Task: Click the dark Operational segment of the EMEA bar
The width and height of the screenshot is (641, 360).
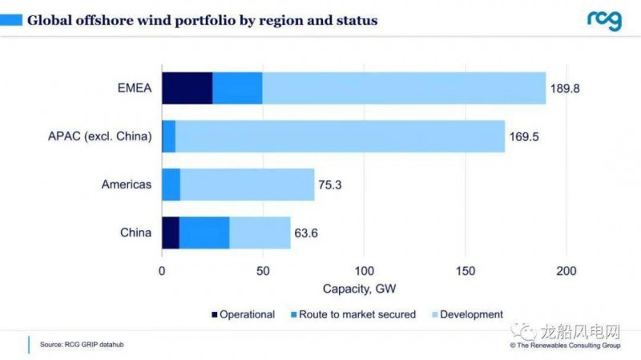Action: [x=187, y=88]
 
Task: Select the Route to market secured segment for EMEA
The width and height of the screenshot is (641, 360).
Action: [x=237, y=88]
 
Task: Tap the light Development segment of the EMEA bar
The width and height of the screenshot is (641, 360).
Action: [x=404, y=88]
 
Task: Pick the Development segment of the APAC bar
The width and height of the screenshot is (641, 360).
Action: [x=340, y=136]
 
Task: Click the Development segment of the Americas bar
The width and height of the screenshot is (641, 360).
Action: [x=247, y=184]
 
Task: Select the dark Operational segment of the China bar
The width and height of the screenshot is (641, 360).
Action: [x=171, y=233]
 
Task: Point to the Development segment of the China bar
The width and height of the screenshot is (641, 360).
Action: [x=260, y=233]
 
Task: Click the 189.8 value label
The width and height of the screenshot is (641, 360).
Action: [x=564, y=88]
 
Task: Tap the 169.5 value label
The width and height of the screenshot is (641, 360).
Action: [x=523, y=136]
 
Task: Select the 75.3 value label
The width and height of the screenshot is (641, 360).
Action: [x=333, y=184]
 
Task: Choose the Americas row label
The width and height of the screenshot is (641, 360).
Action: [x=126, y=184]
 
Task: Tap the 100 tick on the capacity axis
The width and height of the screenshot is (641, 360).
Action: [x=365, y=270]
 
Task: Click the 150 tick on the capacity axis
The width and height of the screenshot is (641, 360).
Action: [x=466, y=270]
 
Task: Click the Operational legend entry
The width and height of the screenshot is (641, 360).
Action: [x=242, y=314]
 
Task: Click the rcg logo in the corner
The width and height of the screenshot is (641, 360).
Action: [x=603, y=20]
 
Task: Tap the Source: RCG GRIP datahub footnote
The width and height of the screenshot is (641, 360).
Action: [x=82, y=345]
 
